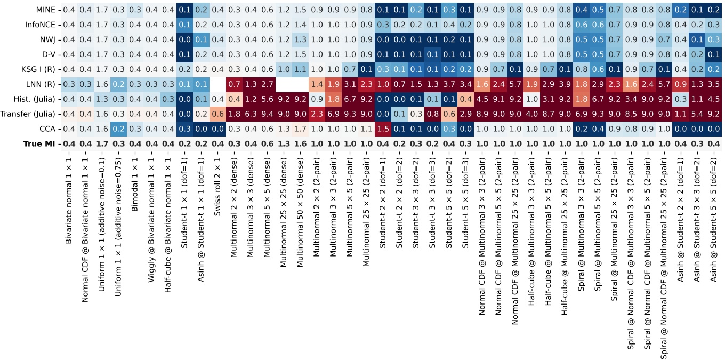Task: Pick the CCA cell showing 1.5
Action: (383, 129)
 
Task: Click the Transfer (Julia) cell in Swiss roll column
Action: (218, 114)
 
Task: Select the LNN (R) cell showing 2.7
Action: (268, 84)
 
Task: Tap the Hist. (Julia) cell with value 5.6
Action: (268, 99)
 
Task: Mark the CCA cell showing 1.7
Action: (301, 129)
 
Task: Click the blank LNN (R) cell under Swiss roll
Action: (218, 84)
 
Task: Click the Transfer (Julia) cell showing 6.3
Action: (251, 114)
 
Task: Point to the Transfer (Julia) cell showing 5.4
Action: (696, 114)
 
